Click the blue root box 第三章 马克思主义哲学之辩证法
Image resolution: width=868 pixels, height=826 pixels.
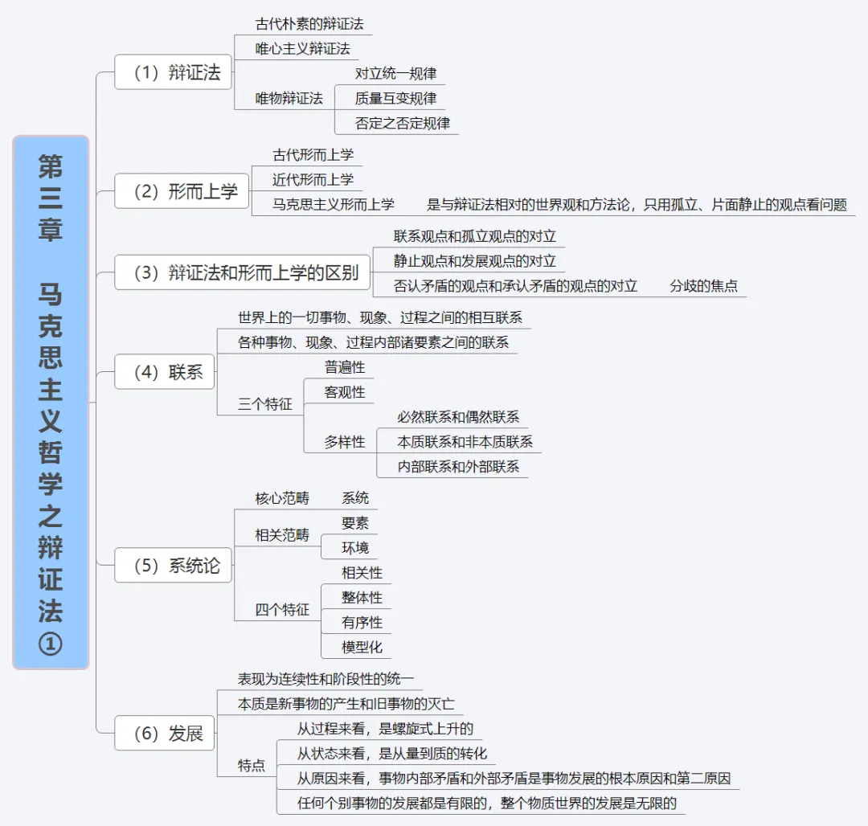51,402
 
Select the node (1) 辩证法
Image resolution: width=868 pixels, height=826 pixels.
173,72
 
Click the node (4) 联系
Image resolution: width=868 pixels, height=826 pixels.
165,372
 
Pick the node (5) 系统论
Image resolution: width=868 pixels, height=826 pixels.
173,566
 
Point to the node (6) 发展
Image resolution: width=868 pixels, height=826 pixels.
165,734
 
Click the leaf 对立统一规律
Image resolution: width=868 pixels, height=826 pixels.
395,73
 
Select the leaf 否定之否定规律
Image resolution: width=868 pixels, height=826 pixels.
402,123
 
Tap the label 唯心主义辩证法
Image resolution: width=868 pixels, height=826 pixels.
302,48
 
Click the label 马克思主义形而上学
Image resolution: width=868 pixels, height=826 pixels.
334,204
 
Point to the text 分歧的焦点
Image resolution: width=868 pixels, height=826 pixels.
703,285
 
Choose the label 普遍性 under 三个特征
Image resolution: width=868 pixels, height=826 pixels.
345,367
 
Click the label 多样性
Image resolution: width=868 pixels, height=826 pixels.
345,442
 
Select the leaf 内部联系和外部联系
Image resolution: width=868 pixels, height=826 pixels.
458,466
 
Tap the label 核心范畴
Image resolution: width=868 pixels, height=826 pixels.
281,498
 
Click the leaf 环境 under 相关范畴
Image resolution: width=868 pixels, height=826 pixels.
355,548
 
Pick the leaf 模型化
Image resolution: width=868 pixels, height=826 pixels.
362,647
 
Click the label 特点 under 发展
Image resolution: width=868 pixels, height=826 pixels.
252,766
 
